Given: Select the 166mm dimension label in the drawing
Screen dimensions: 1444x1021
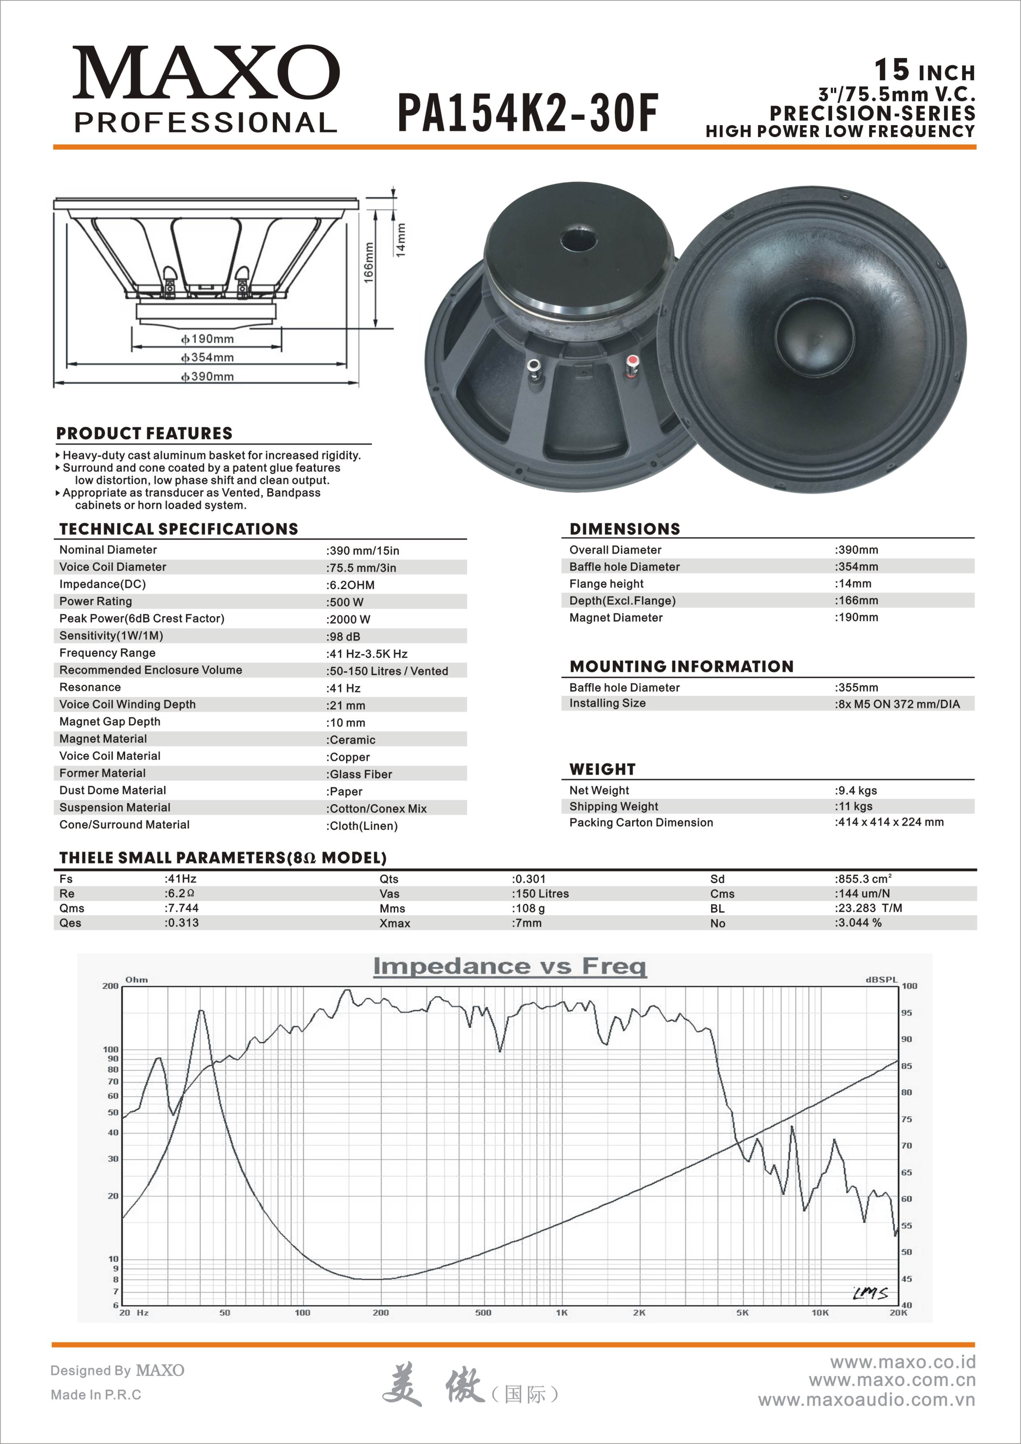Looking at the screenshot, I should pyautogui.click(x=369, y=263).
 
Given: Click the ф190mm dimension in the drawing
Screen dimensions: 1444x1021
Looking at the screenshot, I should pyautogui.click(x=207, y=339).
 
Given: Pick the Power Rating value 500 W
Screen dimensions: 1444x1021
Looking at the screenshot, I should pyautogui.click(x=345, y=602).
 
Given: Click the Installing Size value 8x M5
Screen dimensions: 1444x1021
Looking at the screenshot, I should pyautogui.click(x=897, y=704).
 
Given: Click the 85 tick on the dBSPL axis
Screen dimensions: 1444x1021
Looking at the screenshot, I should pyautogui.click(x=907, y=1066).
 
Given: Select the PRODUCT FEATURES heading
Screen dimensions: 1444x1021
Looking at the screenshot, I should pyautogui.click(x=144, y=433).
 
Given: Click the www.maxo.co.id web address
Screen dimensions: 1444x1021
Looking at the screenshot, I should pyautogui.click(x=903, y=1362).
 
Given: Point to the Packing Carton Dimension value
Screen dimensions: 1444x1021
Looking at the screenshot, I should pyautogui.click(x=889, y=822).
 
